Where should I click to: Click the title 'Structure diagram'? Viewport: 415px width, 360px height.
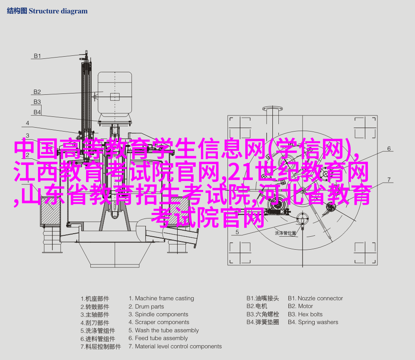click(x=58, y=11)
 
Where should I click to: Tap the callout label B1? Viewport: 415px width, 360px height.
click(x=37, y=56)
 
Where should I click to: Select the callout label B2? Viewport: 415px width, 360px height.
click(x=37, y=92)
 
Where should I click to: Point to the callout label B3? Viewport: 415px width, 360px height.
click(x=37, y=102)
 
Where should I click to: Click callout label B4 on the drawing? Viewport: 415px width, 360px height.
click(x=37, y=112)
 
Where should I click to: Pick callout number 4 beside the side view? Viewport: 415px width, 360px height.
click(x=28, y=123)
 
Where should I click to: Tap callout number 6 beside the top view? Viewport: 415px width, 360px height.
click(x=389, y=148)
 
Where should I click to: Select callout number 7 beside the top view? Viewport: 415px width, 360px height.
click(x=389, y=180)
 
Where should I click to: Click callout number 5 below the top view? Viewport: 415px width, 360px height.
click(x=237, y=232)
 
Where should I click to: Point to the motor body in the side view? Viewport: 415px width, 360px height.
click(x=115, y=94)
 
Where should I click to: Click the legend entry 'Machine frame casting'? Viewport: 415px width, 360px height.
click(x=161, y=299)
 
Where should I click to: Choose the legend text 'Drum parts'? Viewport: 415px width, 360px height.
click(x=146, y=306)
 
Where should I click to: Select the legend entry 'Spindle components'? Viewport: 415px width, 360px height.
click(x=158, y=315)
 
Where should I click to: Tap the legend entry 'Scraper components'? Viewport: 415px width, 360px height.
click(x=159, y=322)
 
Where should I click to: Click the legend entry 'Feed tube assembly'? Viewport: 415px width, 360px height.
click(x=158, y=338)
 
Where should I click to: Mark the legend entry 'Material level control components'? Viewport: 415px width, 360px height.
click(x=175, y=347)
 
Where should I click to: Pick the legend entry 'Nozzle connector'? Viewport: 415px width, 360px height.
click(x=315, y=299)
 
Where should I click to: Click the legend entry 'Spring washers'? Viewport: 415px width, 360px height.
click(x=313, y=322)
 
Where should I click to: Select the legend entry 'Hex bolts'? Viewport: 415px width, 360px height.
click(x=305, y=315)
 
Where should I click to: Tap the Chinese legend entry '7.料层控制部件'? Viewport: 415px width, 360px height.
click(x=101, y=347)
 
